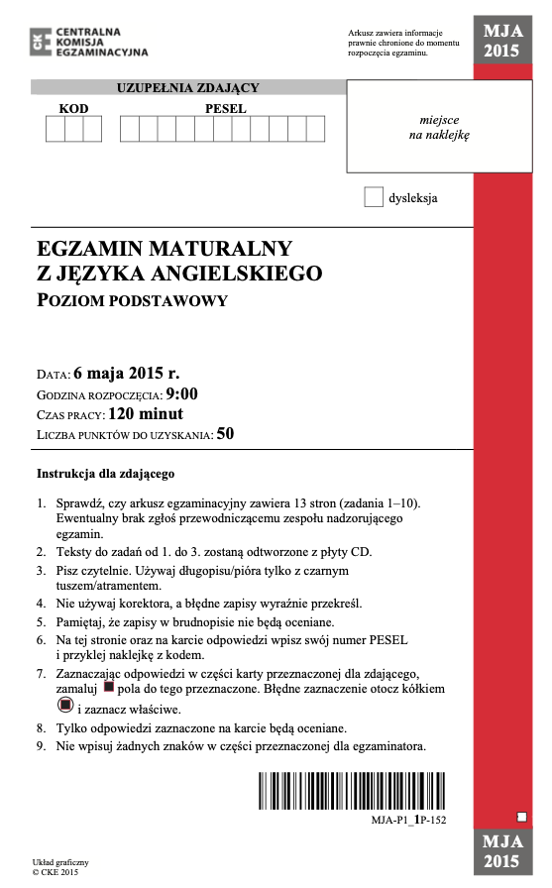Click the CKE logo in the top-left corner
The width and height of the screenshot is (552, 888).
coord(41,41)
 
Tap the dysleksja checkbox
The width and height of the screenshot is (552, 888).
coord(373,197)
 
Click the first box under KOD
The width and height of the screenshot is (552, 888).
coord(55,130)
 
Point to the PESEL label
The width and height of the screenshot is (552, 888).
coord(225,109)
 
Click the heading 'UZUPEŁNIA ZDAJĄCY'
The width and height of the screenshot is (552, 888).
coord(188,88)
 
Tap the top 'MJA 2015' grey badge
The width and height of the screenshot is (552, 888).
coord(501,41)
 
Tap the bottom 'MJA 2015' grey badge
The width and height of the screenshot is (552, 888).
coord(501,851)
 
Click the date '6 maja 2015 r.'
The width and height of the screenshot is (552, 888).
coord(127,374)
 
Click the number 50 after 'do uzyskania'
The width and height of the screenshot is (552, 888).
coord(225,433)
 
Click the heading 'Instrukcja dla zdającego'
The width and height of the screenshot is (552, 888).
coord(105,473)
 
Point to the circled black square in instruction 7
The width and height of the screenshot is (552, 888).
coord(66,705)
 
